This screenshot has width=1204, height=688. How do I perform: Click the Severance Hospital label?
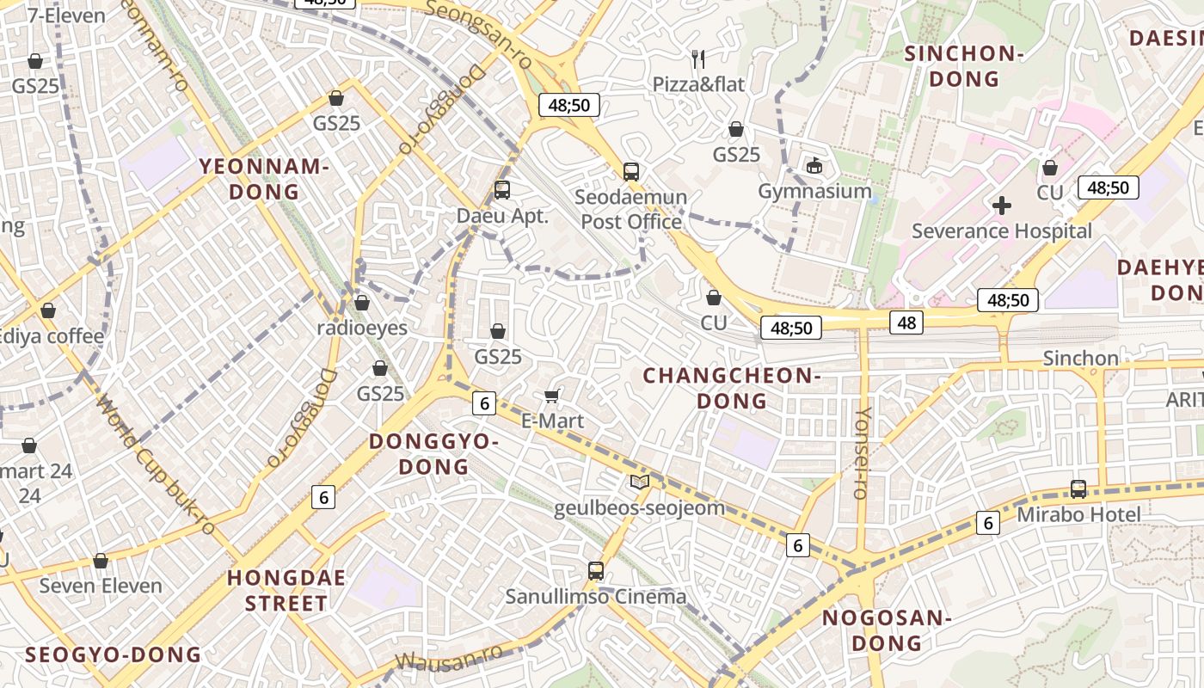coord(1001,230)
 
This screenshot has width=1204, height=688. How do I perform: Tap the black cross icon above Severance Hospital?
coord(1001,206)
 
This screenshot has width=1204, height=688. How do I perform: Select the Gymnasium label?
coord(814,191)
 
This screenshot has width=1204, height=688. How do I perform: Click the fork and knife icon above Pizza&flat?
coord(698,58)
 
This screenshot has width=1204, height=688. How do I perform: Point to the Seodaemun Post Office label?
coord(631,209)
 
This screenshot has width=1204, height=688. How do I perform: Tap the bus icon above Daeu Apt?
coord(502,190)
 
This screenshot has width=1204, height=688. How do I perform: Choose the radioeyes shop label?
coord(362,328)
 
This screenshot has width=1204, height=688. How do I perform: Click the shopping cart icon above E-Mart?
coord(552,396)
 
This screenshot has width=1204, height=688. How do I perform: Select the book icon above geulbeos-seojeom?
coord(639,482)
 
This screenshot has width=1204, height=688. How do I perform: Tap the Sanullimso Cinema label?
coord(595,596)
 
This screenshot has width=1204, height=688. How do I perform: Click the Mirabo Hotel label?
coord(1078,514)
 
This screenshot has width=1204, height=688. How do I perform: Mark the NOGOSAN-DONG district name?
coord(885,630)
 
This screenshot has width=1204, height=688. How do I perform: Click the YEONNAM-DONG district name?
coord(264,179)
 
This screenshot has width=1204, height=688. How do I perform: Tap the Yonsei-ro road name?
coord(862,452)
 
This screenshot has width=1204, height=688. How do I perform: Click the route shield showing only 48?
coord(906,322)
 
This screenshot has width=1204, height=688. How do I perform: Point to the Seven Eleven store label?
coord(101,586)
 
